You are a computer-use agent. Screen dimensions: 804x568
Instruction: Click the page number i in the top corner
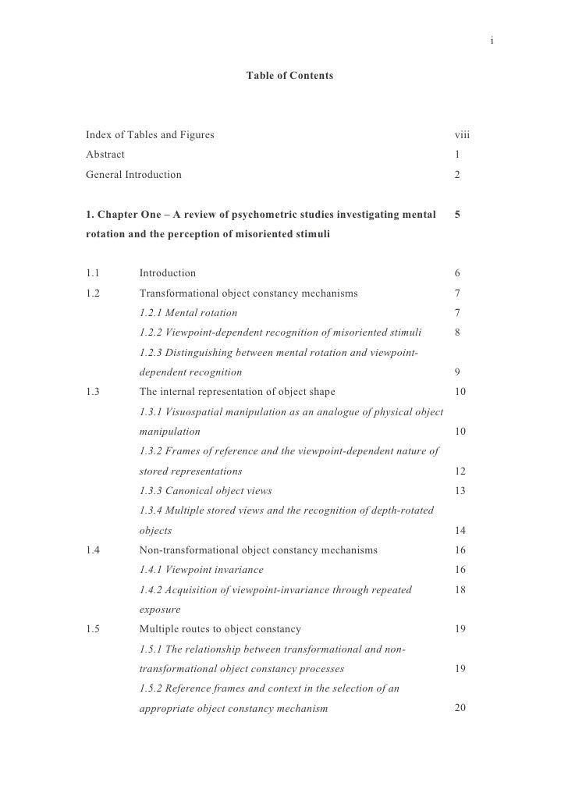coord(492,40)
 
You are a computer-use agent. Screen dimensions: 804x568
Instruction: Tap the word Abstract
coord(105,155)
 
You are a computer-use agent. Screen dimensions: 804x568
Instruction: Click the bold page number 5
coord(458,214)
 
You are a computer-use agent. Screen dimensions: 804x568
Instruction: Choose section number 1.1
coord(94,273)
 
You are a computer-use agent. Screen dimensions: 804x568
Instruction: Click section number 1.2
coord(94,293)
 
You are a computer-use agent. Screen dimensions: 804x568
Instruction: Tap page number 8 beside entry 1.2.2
coord(458,333)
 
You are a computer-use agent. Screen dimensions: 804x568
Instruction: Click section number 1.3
coord(94,392)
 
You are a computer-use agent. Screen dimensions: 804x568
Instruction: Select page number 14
coord(460,531)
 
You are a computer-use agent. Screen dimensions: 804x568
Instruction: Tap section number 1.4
coord(94,550)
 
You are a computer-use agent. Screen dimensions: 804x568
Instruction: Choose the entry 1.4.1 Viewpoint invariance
coord(201,570)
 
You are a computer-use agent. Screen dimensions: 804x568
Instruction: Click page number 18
coord(460,590)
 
